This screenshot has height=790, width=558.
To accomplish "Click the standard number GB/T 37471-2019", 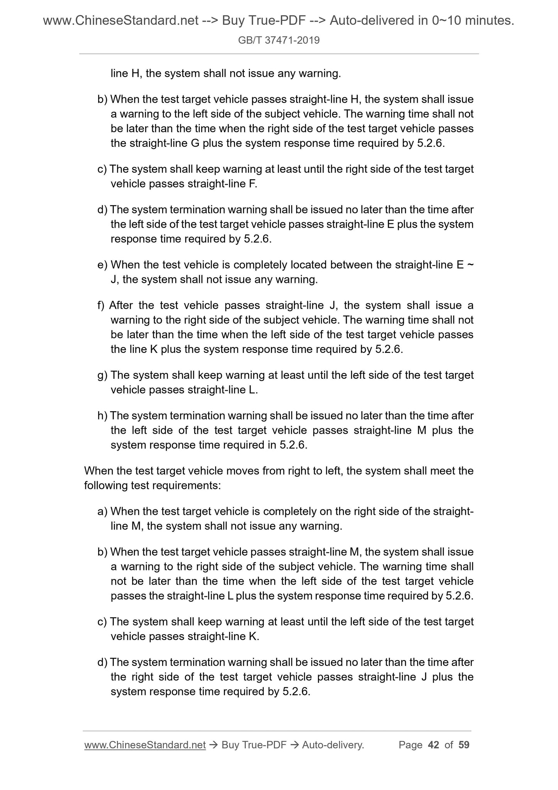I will (279, 40).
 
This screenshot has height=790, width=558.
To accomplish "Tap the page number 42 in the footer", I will (434, 745).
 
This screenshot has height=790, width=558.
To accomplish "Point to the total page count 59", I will (464, 745).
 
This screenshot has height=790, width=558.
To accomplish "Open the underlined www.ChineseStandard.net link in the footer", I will (144, 745).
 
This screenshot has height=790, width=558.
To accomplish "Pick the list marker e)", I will (102, 265).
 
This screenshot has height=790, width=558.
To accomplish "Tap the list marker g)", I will (102, 375).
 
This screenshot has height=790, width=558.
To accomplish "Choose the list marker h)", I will (102, 416).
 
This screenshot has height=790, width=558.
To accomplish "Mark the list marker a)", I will (102, 511).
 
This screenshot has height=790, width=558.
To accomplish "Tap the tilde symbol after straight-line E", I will (470, 265).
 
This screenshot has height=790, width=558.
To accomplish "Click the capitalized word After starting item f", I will (121, 306).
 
